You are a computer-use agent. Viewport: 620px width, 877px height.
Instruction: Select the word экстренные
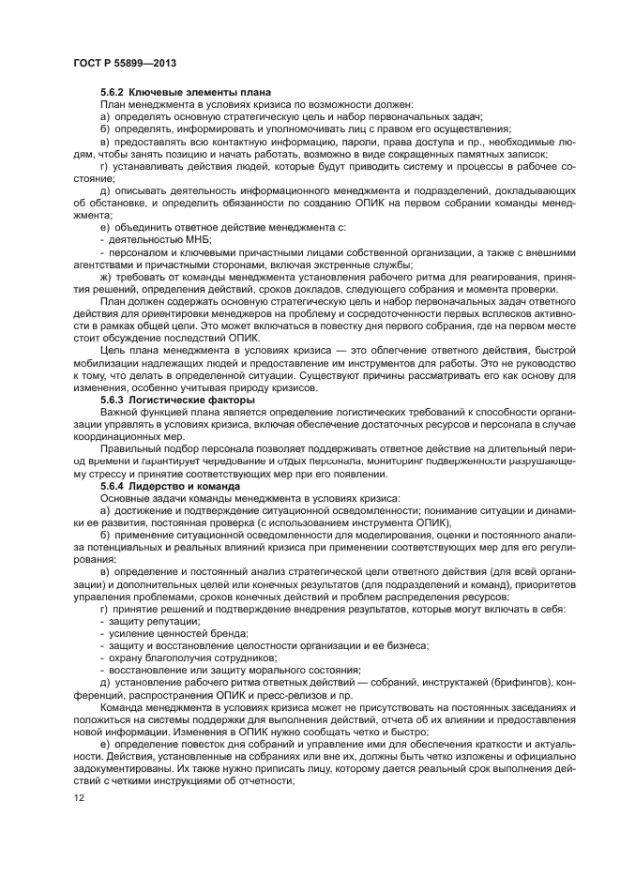click(x=335, y=265)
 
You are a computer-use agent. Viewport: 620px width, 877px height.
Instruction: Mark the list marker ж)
click(x=105, y=277)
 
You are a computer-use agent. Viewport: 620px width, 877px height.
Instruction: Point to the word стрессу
click(x=98, y=473)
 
